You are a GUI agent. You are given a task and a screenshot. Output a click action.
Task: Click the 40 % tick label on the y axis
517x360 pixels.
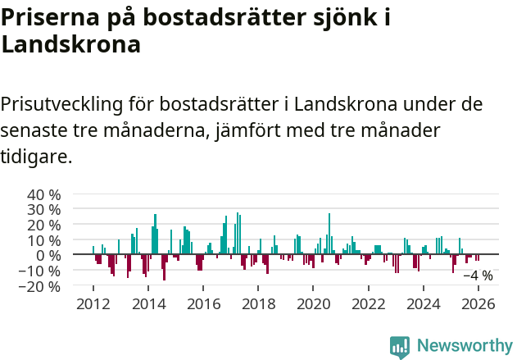pyautogui.click(x=44, y=195)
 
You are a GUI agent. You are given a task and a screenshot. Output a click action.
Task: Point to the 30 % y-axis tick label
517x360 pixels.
pyautogui.click(x=44, y=210)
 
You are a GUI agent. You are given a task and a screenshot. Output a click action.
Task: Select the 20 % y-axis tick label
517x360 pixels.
pyautogui.click(x=44, y=226)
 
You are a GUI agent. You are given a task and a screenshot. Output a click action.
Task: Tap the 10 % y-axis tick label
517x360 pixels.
pyautogui.click(x=44, y=240)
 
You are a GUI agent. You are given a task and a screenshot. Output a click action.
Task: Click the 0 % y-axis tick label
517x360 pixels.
pyautogui.click(x=48, y=256)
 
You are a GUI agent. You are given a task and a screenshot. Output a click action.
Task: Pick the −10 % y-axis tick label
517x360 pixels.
pyautogui.click(x=40, y=271)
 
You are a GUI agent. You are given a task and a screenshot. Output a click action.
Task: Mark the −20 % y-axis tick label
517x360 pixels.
pyautogui.click(x=40, y=286)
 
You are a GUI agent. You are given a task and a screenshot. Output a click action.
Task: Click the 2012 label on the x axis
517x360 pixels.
pyautogui.click(x=93, y=304)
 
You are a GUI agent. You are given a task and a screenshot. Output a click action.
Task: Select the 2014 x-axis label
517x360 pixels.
pyautogui.click(x=148, y=304)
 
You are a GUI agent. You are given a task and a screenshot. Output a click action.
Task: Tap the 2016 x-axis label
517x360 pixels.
pyautogui.click(x=203, y=304)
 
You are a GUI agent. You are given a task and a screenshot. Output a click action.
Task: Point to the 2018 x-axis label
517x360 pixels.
pyautogui.click(x=258, y=304)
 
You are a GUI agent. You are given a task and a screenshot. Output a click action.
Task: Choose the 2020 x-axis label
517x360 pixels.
pyautogui.click(x=313, y=304)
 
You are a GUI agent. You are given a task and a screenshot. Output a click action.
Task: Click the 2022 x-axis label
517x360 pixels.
pyautogui.click(x=369, y=304)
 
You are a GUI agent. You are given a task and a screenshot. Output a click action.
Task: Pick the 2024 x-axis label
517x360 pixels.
pyautogui.click(x=424, y=304)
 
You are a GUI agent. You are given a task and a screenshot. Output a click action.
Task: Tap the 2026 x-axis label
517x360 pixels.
pyautogui.click(x=478, y=304)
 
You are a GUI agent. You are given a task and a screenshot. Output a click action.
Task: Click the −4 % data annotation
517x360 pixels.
pyautogui.click(x=478, y=276)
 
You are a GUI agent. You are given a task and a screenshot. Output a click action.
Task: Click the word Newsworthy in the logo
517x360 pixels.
pyautogui.click(x=465, y=346)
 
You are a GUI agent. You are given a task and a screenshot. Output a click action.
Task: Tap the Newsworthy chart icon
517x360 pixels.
pyautogui.click(x=400, y=347)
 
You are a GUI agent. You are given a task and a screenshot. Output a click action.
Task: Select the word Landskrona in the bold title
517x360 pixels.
pyautogui.click(x=71, y=44)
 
